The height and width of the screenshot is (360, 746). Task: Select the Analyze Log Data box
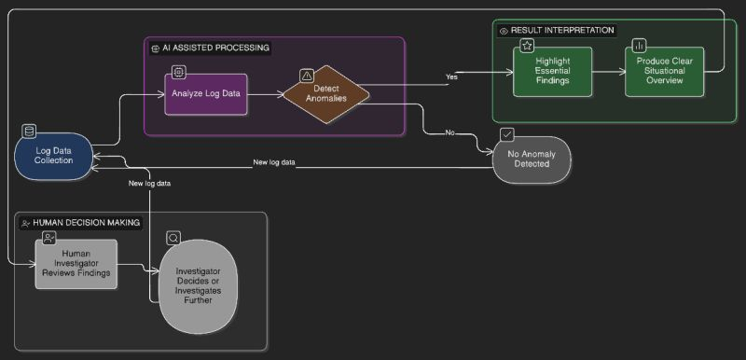click(206, 94)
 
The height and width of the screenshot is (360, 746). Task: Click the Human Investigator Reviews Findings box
click(76, 264)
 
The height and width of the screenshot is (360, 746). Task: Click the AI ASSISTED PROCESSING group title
click(215, 47)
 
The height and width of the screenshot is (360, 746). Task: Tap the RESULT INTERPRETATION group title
click(562, 30)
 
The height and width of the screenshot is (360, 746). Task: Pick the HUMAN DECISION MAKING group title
click(86, 223)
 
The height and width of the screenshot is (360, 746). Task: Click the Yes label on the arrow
click(451, 76)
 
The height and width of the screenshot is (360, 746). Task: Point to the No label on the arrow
click(449, 132)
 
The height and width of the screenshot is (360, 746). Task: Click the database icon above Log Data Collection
click(29, 131)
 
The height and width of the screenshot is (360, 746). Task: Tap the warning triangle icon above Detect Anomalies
click(307, 75)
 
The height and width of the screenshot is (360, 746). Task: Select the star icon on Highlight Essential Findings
click(527, 45)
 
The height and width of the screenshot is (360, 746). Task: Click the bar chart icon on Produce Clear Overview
click(639, 45)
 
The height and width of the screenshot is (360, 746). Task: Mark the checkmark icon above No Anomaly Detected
click(506, 134)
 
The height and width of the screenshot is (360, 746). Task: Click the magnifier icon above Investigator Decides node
click(173, 238)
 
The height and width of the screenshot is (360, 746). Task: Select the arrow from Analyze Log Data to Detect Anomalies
click(266, 94)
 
